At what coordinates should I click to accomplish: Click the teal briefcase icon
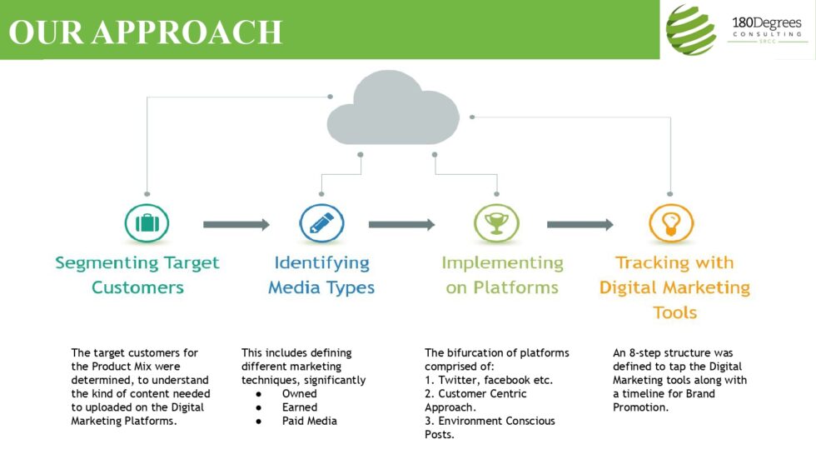tap(147, 224)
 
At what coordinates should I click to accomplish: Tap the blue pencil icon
tap(321, 224)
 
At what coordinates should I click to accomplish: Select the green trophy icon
tap(496, 224)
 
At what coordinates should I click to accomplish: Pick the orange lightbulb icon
tap(670, 224)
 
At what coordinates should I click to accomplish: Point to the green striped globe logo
tap(691, 30)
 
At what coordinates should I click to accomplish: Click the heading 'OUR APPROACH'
tap(146, 32)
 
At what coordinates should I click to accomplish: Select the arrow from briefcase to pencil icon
tap(236, 224)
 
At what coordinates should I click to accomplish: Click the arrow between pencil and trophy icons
tap(401, 224)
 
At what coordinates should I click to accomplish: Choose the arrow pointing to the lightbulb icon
tap(580, 224)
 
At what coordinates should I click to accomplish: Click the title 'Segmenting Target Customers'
tap(137, 275)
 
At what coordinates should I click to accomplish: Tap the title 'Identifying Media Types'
tap(321, 275)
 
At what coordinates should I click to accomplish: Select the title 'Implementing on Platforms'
tap(502, 275)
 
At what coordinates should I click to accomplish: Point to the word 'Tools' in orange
tap(674, 313)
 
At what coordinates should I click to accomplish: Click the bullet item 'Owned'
tap(299, 394)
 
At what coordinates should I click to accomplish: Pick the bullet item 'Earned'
tap(299, 407)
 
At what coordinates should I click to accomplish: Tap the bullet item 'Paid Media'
tap(309, 421)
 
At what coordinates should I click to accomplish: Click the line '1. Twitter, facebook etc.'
tap(489, 380)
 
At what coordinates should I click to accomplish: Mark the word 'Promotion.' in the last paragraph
tap(641, 407)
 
